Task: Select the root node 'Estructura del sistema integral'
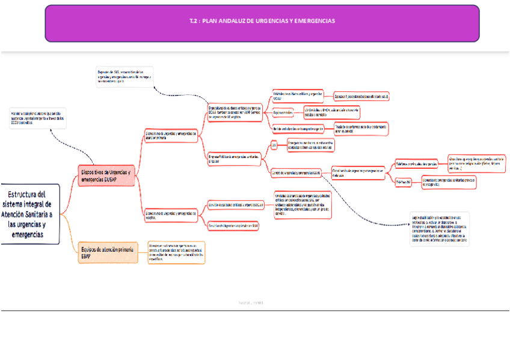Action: (30, 214)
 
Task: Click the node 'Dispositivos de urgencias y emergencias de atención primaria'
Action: (171, 136)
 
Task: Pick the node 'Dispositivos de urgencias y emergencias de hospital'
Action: (171, 215)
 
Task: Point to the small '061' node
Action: (274, 145)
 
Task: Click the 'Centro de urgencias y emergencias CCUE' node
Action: (296, 173)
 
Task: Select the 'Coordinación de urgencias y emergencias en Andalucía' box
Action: (358, 172)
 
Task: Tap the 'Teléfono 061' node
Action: (403, 182)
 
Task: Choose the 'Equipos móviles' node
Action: (283, 112)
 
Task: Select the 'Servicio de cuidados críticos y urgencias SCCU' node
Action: (236, 205)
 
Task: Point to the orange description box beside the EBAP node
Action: (176, 252)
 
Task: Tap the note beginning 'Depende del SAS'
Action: (124, 77)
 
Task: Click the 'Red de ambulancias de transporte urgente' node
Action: (298, 129)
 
